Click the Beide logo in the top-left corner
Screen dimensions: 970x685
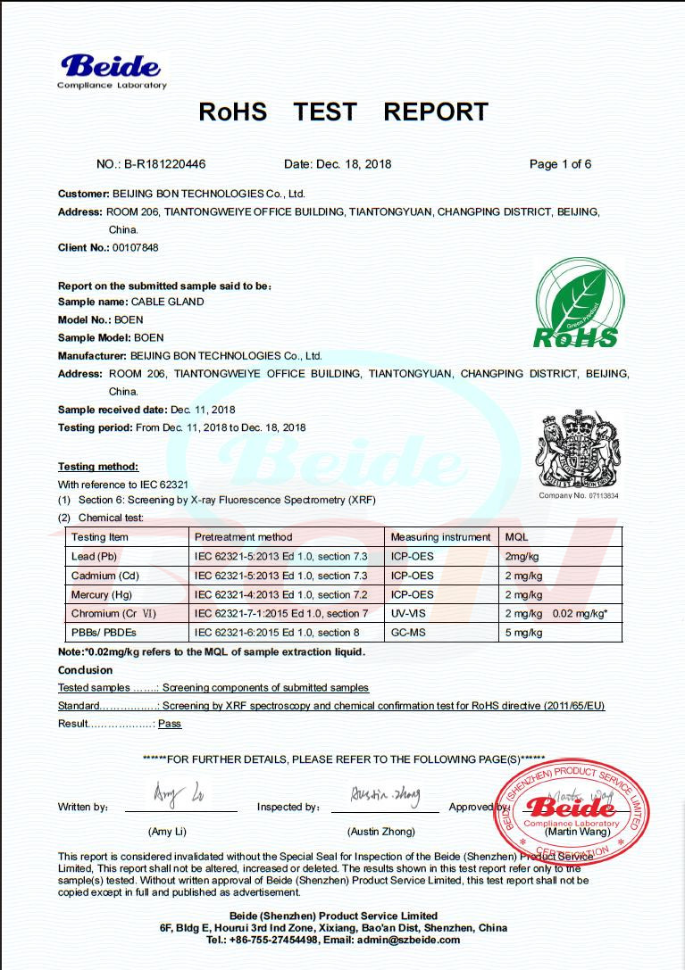112,70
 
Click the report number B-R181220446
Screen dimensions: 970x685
164,164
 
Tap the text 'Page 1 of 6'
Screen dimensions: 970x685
560,164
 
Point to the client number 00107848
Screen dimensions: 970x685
135,247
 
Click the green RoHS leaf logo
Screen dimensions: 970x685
576,303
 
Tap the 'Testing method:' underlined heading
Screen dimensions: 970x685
98,467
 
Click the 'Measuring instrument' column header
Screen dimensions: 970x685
441,537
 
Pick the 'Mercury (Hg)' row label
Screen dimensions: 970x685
102,594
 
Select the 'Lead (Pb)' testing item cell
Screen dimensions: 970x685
95,556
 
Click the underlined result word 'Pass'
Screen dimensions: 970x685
170,724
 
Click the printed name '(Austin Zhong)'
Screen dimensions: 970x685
381,832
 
